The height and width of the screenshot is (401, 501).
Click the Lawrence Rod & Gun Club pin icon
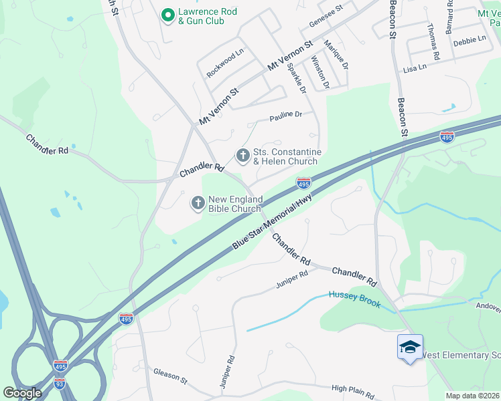click(x=167, y=13)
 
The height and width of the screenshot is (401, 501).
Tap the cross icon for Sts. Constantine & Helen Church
click(x=242, y=156)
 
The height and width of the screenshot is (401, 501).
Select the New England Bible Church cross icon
click(x=198, y=203)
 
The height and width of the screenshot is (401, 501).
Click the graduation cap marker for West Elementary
click(x=409, y=347)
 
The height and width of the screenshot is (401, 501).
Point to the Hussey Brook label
click(x=354, y=299)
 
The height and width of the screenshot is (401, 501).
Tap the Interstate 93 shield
click(x=60, y=383)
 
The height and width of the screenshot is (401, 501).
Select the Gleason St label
click(x=170, y=376)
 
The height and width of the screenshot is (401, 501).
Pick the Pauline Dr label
click(x=286, y=115)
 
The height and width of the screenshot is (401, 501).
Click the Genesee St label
click(x=326, y=16)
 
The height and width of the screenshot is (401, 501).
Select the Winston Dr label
click(x=320, y=72)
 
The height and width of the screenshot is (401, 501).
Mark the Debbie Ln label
click(x=470, y=40)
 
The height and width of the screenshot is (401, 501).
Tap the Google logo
click(x=22, y=393)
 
